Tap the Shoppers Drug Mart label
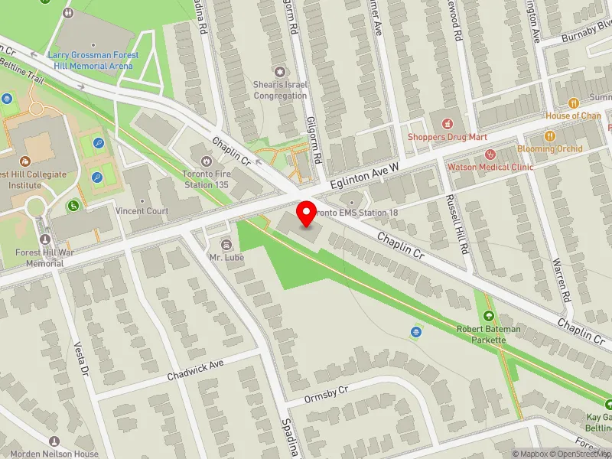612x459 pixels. pyautogui.click(x=447, y=137)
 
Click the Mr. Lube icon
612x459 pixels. pyautogui.click(x=226, y=244)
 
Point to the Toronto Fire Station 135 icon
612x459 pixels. pyautogui.click(x=206, y=161)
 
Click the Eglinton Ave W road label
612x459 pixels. pyautogui.click(x=366, y=176)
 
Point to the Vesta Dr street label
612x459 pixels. pyautogui.click(x=79, y=358)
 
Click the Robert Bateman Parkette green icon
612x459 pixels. pyautogui.click(x=488, y=316)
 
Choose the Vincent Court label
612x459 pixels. pyautogui.click(x=142, y=211)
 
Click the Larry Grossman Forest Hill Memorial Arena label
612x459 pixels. pyautogui.click(x=90, y=60)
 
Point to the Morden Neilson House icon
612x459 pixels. pyautogui.click(x=54, y=441)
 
